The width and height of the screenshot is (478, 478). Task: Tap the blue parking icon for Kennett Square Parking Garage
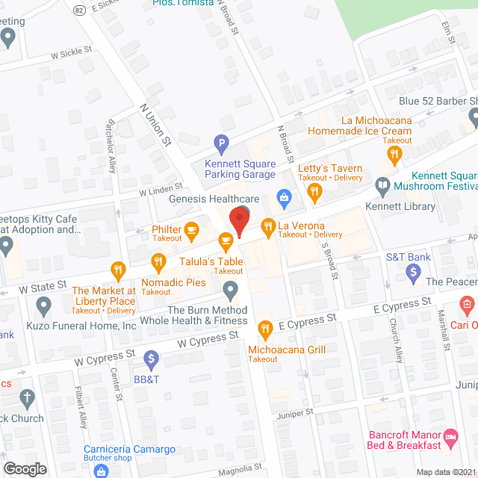[220, 142]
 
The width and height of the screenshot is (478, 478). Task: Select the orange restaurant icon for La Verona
[267, 226]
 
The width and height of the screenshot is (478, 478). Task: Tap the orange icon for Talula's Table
[224, 240]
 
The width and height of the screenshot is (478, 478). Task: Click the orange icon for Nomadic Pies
[158, 261]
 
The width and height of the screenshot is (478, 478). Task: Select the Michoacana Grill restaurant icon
[264, 328]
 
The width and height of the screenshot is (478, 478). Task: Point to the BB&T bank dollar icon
[152, 360]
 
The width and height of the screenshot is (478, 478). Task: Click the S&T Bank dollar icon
[412, 274]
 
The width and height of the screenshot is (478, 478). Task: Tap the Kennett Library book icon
[382, 184]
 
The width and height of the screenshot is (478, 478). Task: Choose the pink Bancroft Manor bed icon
[450, 435]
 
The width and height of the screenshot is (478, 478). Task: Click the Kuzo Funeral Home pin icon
[43, 305]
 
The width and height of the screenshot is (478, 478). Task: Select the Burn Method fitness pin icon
[231, 289]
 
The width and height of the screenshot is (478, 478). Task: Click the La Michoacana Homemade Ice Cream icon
[394, 155]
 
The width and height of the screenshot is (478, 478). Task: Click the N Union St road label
[156, 124]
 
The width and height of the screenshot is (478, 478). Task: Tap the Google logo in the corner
[25, 468]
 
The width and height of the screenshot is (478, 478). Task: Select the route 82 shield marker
[80, 10]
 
